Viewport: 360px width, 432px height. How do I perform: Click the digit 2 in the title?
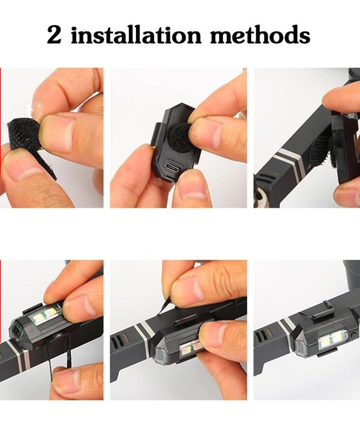(x=54, y=35)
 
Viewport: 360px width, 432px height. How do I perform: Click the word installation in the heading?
(x=136, y=35)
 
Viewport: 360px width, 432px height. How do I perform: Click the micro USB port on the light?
(x=174, y=168)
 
